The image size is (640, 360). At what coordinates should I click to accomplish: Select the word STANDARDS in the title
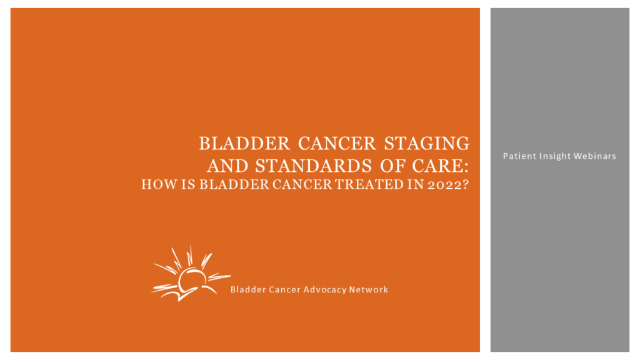(x=314, y=166)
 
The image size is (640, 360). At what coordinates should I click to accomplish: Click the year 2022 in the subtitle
(x=444, y=185)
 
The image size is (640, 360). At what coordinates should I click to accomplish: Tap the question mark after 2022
(x=466, y=184)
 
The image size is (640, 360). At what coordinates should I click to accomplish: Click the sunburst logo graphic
(x=190, y=273)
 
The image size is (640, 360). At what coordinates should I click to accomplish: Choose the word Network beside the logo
(x=369, y=289)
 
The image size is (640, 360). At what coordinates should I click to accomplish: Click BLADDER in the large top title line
(x=244, y=143)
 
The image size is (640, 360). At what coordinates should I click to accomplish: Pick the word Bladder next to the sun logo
(x=243, y=289)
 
